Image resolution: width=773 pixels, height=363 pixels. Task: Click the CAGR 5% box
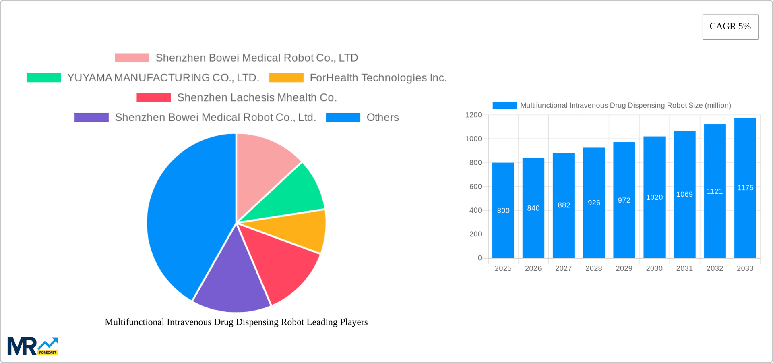coord(730,27)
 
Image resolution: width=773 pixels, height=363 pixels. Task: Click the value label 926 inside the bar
coord(594,203)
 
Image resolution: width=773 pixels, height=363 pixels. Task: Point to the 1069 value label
coord(684,194)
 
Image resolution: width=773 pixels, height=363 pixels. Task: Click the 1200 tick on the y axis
coord(473,115)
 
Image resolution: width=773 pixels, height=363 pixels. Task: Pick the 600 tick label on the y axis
coord(475,187)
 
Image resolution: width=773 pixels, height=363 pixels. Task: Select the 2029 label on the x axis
coord(624,268)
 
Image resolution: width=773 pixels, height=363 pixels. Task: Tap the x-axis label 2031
coord(684,268)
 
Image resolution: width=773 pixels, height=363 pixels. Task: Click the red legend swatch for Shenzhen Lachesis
coord(154,97)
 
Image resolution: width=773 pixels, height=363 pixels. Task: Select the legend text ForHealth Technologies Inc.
coord(378,78)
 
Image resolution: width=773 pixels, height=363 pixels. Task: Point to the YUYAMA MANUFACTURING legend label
coord(163,78)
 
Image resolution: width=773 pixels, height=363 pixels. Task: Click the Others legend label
coord(382,117)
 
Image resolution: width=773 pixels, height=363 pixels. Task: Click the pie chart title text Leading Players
coord(236,322)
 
